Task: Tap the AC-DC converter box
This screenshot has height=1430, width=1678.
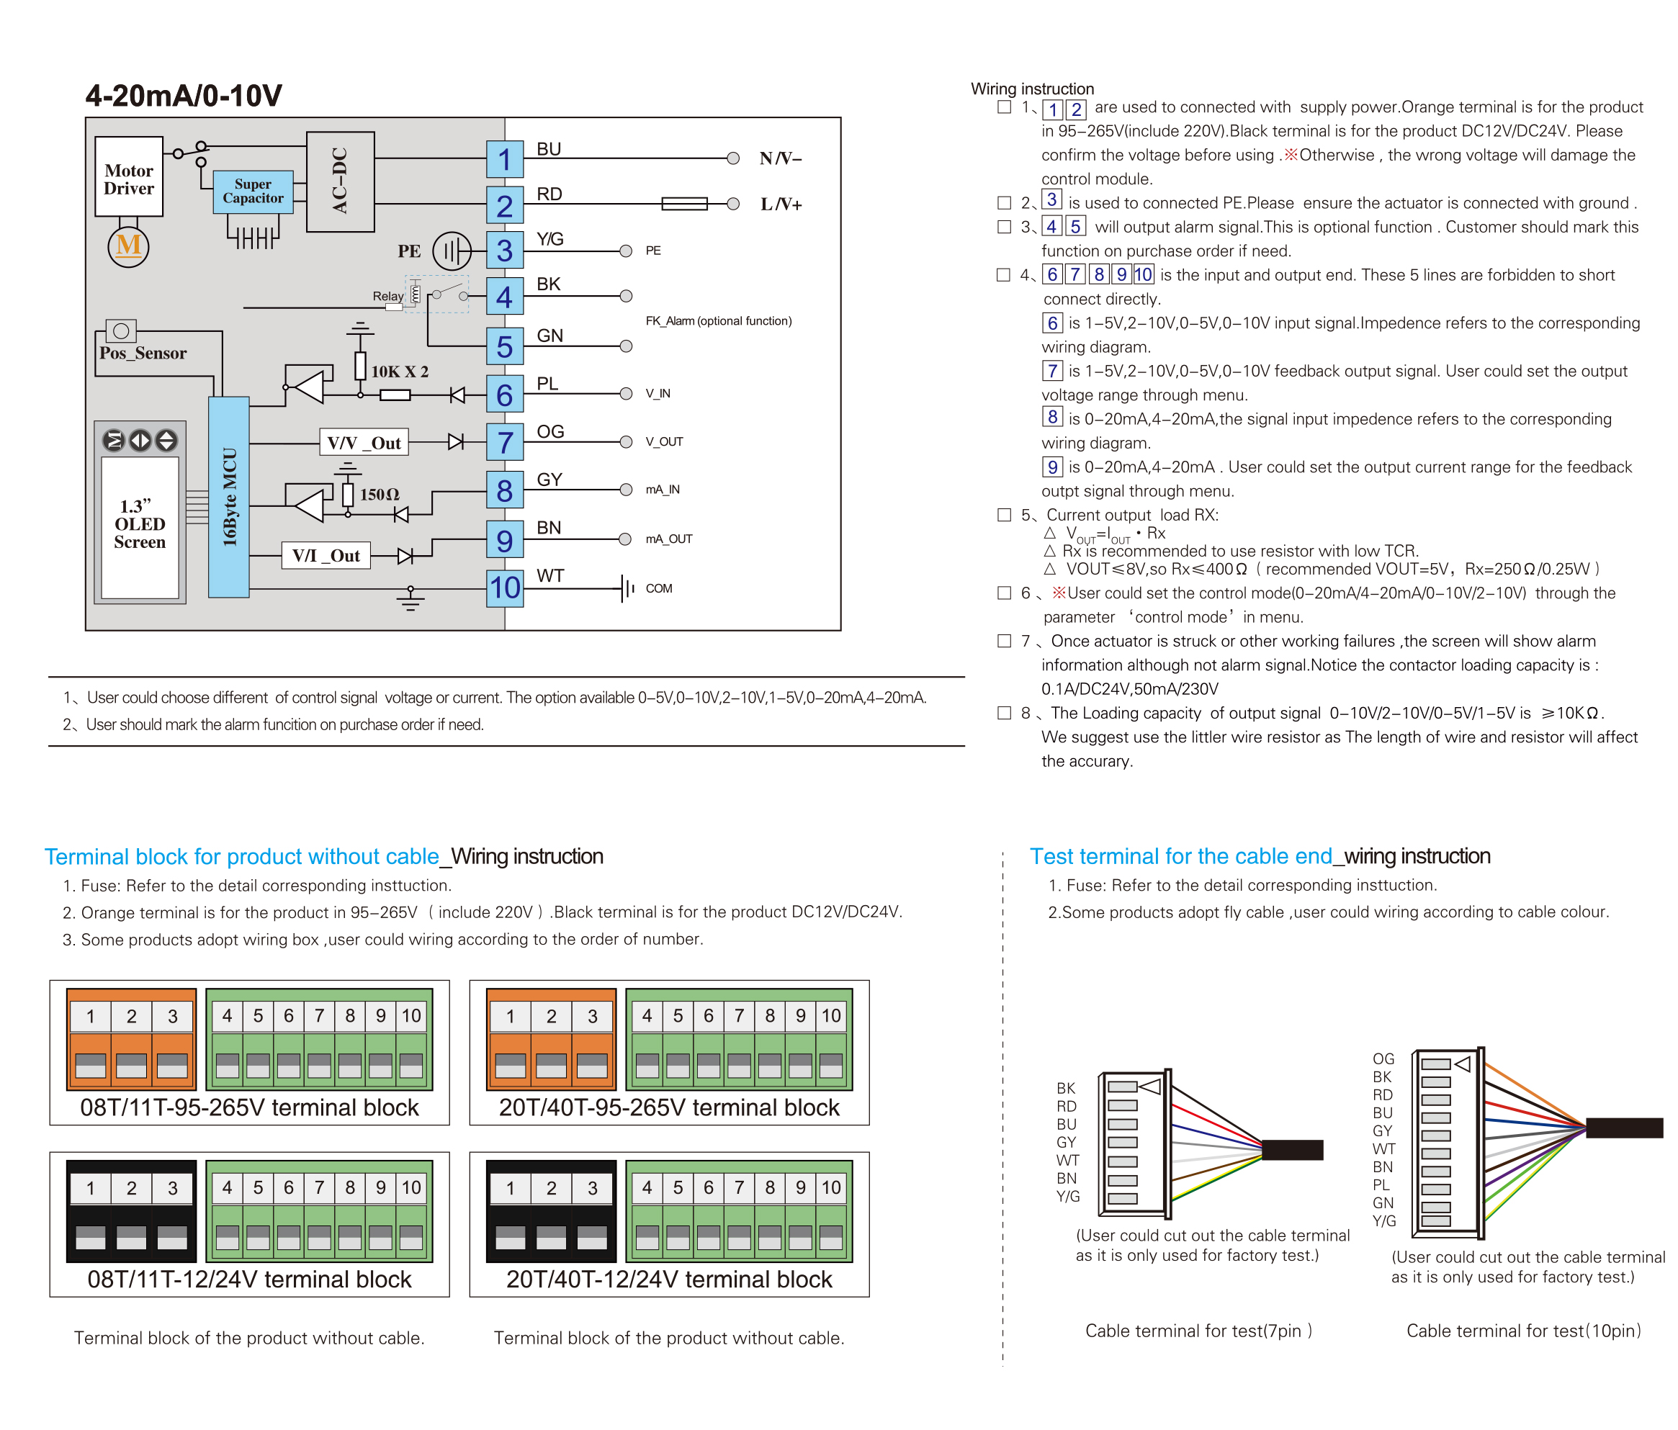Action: [x=340, y=181]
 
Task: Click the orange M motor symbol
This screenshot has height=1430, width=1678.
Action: [x=128, y=246]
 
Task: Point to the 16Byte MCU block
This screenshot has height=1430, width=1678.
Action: [x=229, y=496]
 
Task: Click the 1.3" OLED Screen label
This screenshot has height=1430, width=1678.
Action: [x=139, y=524]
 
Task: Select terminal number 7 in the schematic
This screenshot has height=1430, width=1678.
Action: [x=505, y=442]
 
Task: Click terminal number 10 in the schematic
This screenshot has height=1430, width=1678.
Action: [x=505, y=587]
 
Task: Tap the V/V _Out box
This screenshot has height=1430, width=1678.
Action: [x=364, y=442]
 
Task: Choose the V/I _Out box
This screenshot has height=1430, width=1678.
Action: [x=326, y=555]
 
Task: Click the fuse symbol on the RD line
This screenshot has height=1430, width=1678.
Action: [x=684, y=203]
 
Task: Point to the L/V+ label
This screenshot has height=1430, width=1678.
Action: [x=781, y=204]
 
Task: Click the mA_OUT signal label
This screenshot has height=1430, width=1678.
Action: [x=669, y=539]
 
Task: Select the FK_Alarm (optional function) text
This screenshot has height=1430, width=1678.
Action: [x=718, y=320]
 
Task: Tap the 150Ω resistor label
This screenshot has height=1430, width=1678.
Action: [x=379, y=494]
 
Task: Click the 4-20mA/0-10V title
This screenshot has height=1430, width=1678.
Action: [x=184, y=96]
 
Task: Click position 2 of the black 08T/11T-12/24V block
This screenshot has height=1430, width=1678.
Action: [x=131, y=1188]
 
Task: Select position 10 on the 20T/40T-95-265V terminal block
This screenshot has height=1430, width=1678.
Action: [x=831, y=1015]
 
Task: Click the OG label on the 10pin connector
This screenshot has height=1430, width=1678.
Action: [x=1383, y=1059]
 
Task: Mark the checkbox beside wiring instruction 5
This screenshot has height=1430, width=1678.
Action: [x=1004, y=515]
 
